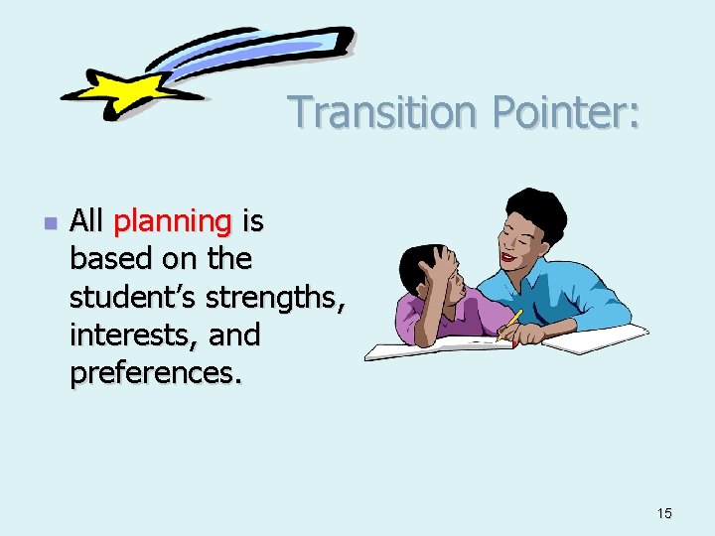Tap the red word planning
coord(173,221)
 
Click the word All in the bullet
coord(87,221)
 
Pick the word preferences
coord(154,373)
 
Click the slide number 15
coord(664,513)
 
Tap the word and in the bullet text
coord(234,335)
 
